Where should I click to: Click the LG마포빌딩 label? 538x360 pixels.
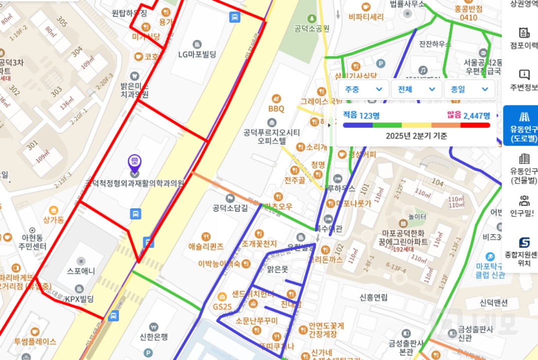click(197, 54)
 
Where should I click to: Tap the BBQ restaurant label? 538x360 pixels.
click(276, 108)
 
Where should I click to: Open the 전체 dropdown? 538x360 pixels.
click(416, 89)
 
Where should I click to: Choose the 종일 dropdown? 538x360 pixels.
click(469, 89)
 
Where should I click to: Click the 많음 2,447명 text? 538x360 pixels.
click(468, 115)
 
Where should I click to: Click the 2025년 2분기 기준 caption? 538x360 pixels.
click(416, 135)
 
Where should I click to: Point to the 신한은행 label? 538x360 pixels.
click(154, 337)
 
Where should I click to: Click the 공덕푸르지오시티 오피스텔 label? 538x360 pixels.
click(271, 136)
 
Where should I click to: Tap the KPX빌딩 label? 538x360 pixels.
click(79, 299)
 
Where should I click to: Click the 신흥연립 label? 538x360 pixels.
click(373, 298)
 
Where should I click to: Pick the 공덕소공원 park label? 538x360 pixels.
click(312, 28)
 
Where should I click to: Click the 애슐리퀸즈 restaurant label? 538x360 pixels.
click(206, 246)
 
